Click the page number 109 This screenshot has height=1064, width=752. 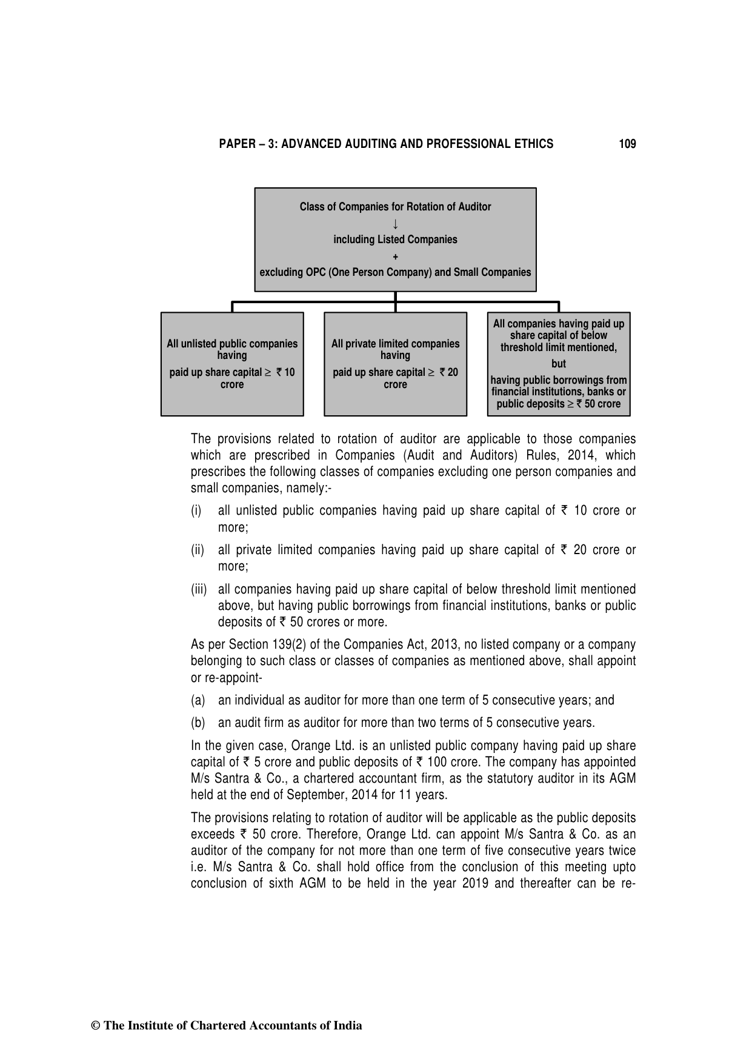[627, 144]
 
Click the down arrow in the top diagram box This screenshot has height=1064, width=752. [395, 223]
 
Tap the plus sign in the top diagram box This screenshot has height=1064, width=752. [395, 256]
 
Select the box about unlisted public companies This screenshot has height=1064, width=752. [232, 364]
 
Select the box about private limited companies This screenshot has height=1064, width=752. [395, 364]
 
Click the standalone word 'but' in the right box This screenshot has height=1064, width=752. [559, 364]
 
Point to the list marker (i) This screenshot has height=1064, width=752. [196, 511]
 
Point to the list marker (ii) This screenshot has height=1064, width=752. [198, 550]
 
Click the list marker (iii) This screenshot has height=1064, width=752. [199, 589]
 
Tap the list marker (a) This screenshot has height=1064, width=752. [198, 701]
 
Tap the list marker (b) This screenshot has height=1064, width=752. [198, 723]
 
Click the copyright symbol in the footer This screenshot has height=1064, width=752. [95, 1026]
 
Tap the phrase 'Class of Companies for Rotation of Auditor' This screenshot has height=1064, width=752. [395, 207]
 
